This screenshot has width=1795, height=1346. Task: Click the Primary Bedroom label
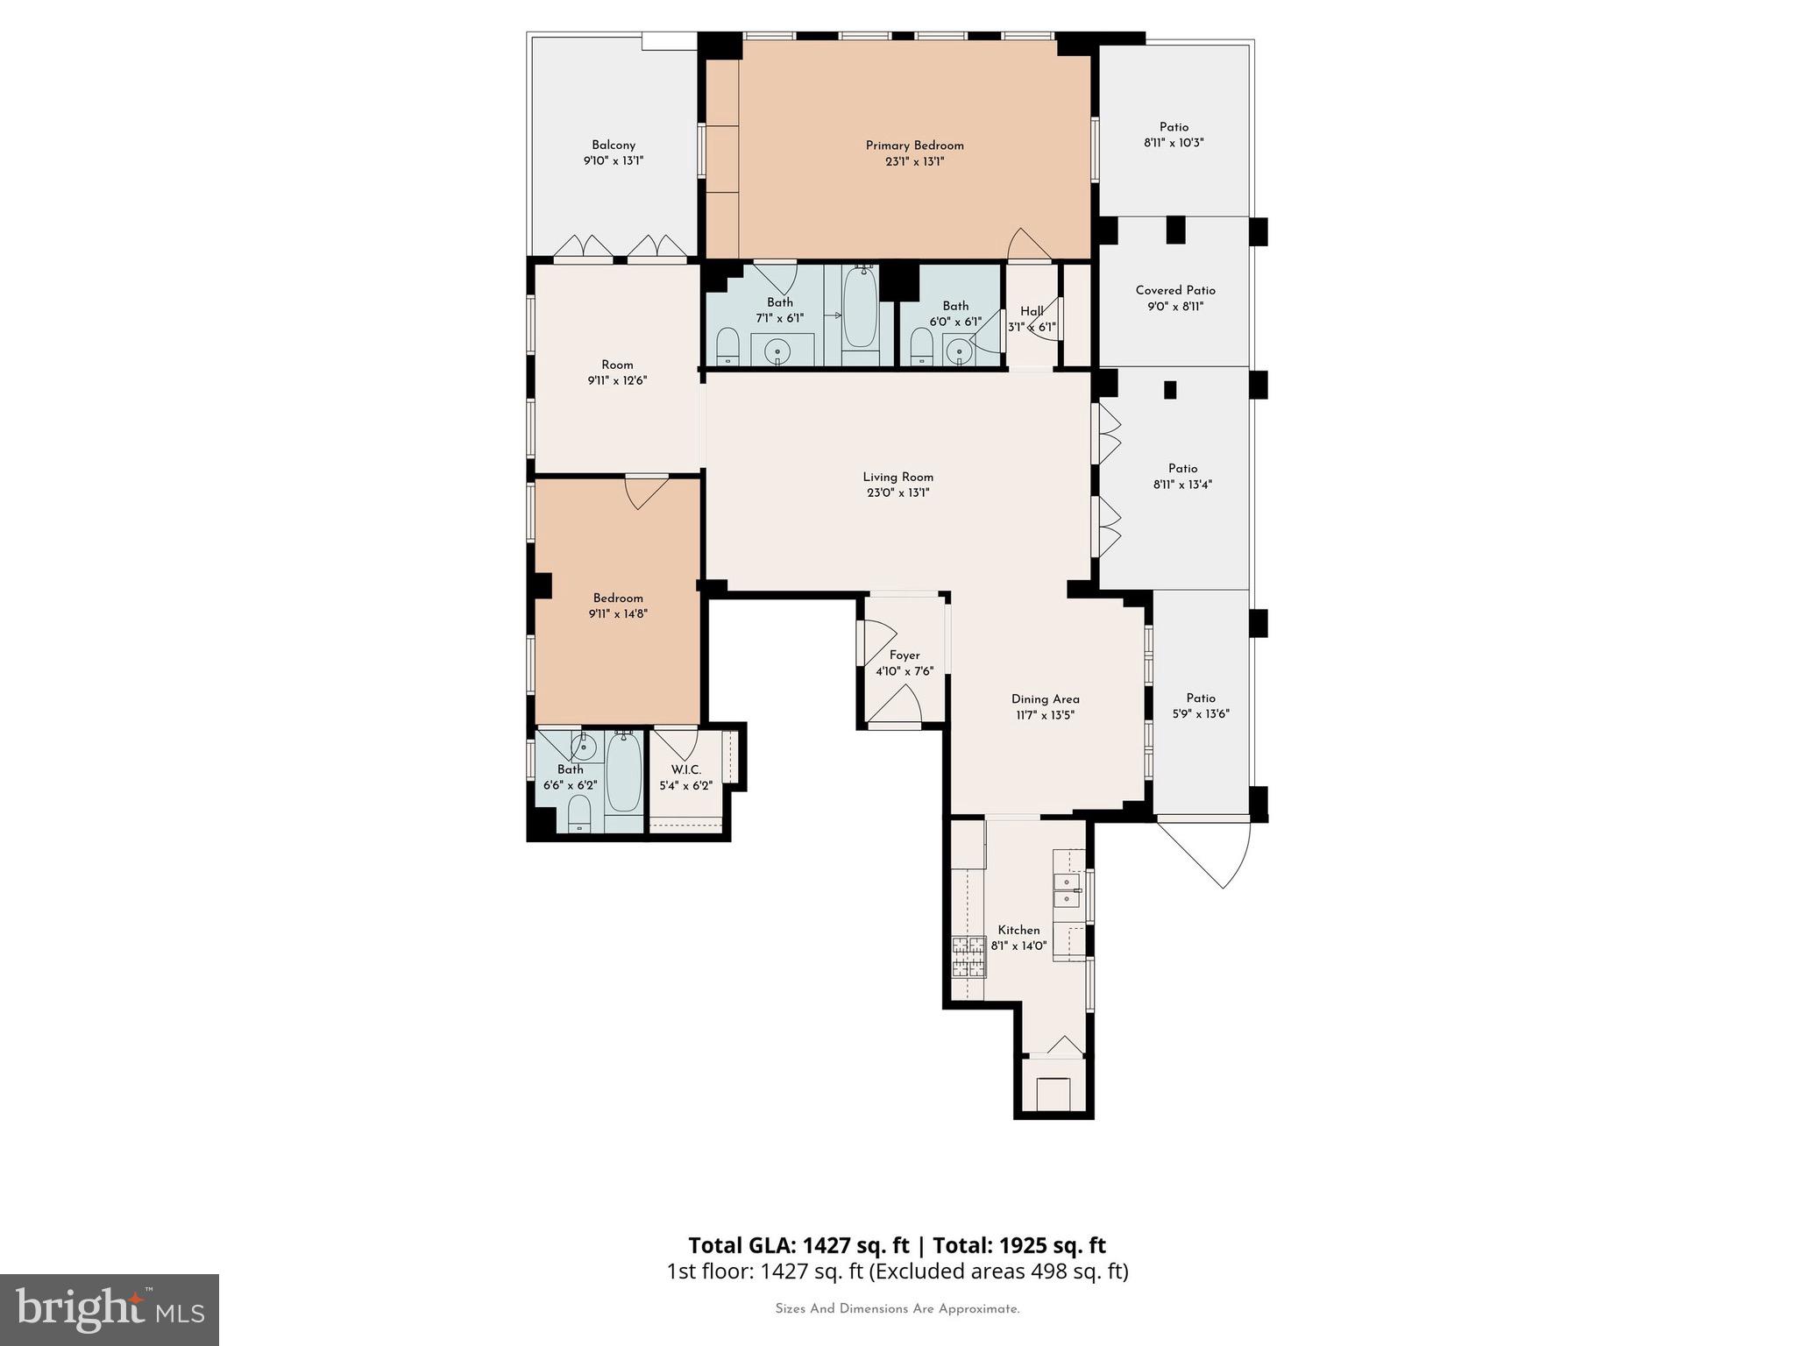click(x=914, y=145)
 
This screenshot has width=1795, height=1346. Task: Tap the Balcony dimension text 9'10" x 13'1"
click(x=614, y=161)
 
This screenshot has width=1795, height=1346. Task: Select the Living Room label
click(x=897, y=477)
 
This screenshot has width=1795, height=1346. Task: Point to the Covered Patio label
click(x=1174, y=290)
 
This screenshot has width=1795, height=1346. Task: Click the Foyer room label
click(x=905, y=655)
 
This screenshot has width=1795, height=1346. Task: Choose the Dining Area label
click(x=1045, y=699)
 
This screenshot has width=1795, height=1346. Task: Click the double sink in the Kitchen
click(x=1067, y=890)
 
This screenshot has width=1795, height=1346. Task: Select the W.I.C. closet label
click(x=686, y=770)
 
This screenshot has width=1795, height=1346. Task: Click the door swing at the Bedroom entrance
click(x=648, y=492)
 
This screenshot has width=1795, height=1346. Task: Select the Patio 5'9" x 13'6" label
click(x=1200, y=698)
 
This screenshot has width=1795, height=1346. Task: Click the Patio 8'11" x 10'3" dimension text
click(x=1174, y=143)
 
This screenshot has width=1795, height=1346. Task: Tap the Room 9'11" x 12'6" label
click(x=617, y=365)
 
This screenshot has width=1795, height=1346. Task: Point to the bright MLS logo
click(x=110, y=1309)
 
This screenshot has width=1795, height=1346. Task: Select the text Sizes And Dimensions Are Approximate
click(x=897, y=1309)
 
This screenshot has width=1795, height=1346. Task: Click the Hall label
click(x=1032, y=311)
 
